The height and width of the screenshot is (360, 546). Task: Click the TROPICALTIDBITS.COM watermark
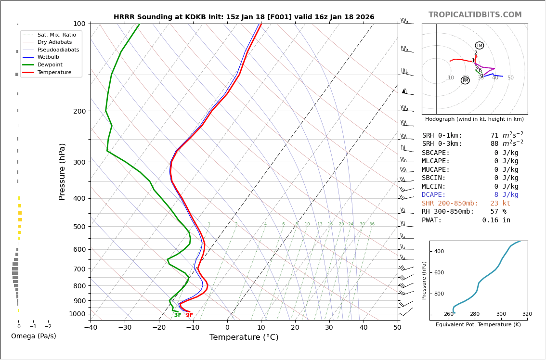(475, 15)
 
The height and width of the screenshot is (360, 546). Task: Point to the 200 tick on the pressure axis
(79, 111)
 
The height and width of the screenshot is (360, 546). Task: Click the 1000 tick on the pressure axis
(77, 314)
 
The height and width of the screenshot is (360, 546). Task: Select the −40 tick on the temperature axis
(91, 328)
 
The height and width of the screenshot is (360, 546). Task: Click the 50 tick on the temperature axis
(397, 328)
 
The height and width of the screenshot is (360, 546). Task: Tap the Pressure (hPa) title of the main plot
(62, 171)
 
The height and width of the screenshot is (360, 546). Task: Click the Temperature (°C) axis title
(244, 337)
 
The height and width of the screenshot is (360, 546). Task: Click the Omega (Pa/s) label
(33, 336)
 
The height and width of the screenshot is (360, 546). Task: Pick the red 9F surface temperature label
(190, 315)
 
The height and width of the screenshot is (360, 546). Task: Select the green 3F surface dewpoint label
(178, 315)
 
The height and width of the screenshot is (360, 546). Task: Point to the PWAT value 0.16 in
(496, 220)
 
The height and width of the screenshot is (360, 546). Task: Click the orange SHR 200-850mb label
(450, 203)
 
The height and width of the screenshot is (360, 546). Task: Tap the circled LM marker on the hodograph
(480, 46)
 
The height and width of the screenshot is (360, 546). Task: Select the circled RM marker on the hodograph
(465, 80)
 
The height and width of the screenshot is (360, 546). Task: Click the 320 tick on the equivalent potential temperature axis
(527, 314)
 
